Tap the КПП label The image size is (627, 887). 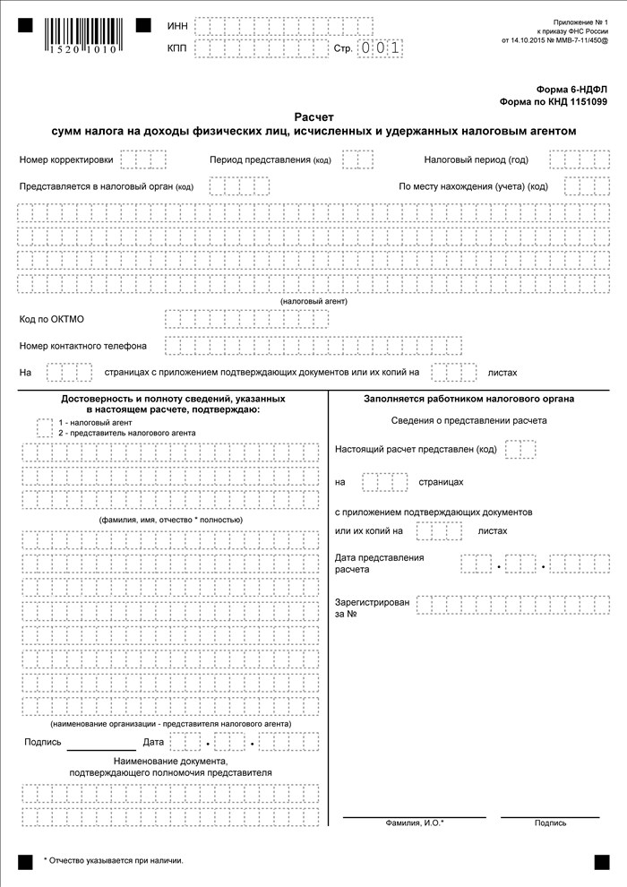click(177, 48)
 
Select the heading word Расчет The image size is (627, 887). click(313, 116)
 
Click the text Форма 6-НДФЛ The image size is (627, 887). click(572, 90)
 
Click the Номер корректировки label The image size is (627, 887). click(66, 160)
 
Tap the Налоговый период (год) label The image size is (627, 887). click(476, 160)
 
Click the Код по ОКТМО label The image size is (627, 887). click(52, 319)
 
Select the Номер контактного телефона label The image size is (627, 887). click(83, 346)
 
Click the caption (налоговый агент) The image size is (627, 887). click(313, 301)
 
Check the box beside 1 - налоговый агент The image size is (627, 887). click(45, 426)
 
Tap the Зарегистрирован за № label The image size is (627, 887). click(372, 608)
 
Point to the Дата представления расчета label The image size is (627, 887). click(379, 564)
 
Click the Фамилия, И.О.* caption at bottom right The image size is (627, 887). click(415, 822)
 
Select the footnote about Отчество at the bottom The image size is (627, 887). click(113, 860)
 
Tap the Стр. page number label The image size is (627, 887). click(343, 48)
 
